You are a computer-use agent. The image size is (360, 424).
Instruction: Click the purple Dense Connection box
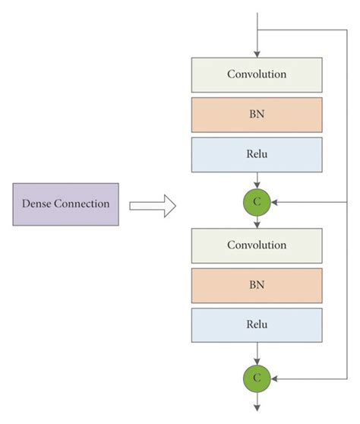65,204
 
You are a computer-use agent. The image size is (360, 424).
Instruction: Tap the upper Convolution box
257,74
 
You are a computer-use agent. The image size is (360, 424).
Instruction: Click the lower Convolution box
257,245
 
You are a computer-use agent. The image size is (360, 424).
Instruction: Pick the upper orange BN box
257,114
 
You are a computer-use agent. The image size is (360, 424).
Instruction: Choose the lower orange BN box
257,285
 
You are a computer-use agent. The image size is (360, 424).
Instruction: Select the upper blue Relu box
257,154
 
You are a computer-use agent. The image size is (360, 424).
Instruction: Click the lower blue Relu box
257,324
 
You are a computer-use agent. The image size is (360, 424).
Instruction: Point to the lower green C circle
257,377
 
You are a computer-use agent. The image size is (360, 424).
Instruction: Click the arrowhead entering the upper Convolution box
257,52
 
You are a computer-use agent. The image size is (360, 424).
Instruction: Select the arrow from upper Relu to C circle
257,181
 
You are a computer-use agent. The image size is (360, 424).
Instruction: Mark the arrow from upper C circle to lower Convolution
257,222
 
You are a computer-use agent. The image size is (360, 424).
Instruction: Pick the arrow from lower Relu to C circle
257,353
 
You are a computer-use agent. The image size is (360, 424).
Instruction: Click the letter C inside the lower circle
257,377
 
